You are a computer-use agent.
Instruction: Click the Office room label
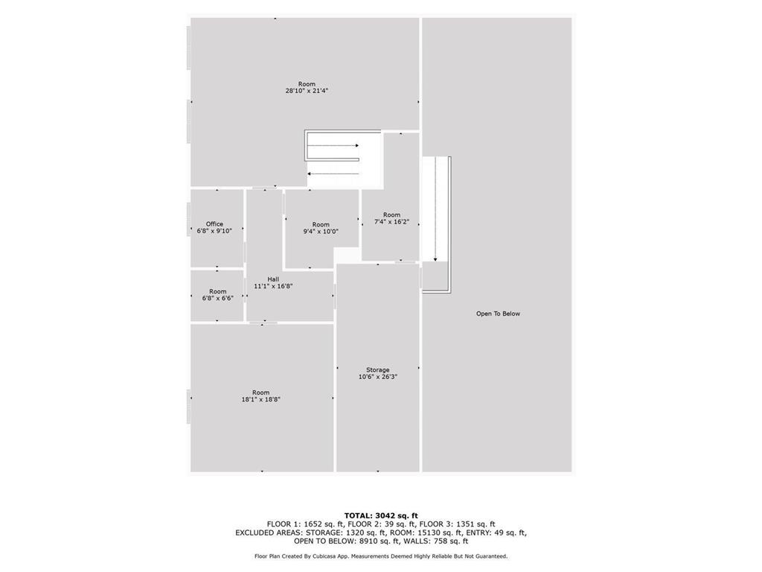click(x=214, y=224)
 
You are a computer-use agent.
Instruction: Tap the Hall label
click(x=273, y=279)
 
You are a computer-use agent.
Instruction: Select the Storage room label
click(x=377, y=370)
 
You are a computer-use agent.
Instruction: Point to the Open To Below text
click(x=498, y=314)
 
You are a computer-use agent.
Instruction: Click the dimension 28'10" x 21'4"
click(x=307, y=91)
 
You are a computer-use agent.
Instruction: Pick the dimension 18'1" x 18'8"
click(x=261, y=400)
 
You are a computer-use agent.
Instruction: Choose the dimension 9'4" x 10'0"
click(x=321, y=232)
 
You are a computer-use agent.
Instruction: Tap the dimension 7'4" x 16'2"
click(x=391, y=222)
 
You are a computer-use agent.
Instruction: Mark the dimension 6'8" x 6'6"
click(x=218, y=299)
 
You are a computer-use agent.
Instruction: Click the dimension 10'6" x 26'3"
click(x=378, y=377)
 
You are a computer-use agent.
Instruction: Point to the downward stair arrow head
click(x=435, y=260)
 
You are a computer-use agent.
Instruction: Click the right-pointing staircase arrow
click(x=333, y=145)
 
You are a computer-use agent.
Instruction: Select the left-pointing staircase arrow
click(x=333, y=174)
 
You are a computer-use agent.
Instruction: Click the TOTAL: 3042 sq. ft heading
click(x=381, y=515)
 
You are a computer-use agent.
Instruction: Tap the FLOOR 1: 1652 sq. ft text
click(x=304, y=524)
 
